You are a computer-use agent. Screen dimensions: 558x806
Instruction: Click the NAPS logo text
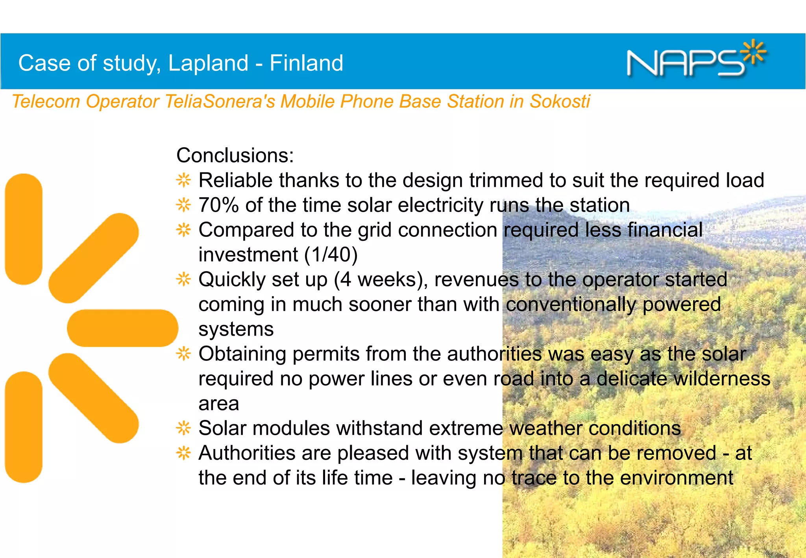coord(685,63)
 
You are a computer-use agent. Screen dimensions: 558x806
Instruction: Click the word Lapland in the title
coord(208,63)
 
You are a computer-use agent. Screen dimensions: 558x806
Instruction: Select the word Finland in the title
coord(306,63)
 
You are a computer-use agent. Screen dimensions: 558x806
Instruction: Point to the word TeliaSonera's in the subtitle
coord(220,102)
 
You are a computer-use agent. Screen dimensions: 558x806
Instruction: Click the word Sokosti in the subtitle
coord(559,102)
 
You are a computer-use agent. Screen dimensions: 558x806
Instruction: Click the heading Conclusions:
coord(235,155)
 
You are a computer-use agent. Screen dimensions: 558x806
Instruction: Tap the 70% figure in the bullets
coord(218,205)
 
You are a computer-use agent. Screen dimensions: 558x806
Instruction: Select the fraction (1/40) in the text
coord(331,255)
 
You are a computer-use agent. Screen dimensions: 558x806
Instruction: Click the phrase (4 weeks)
coord(381,280)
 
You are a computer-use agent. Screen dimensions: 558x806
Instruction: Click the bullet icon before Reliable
coord(183,181)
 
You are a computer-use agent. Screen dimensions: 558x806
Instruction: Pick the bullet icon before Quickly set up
coord(183,280)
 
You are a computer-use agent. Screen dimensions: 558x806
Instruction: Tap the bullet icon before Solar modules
coord(183,428)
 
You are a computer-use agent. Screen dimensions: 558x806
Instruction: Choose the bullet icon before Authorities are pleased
coord(183,453)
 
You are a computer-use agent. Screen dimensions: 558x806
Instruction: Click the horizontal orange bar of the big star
coord(122,328)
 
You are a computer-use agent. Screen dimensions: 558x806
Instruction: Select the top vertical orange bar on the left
coord(24,229)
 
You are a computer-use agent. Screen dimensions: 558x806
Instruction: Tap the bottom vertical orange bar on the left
coord(24,427)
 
